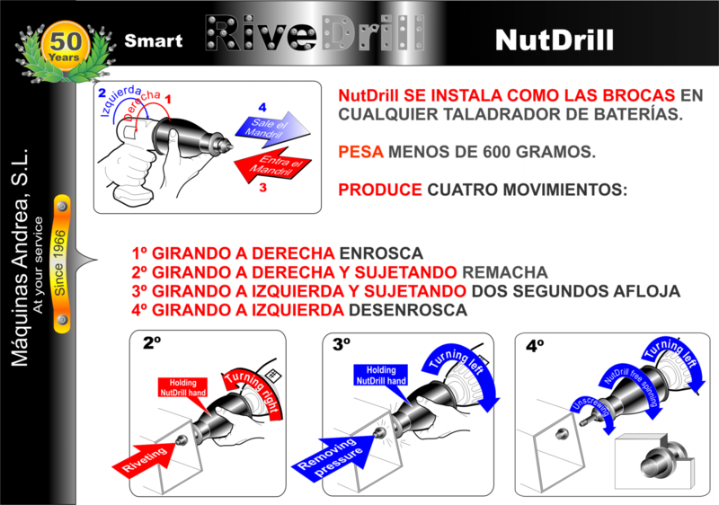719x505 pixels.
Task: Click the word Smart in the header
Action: point(154,40)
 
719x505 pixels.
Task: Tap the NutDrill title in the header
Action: point(555,40)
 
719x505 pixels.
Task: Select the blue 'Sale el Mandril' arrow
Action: point(272,129)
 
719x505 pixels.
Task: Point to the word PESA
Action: point(360,152)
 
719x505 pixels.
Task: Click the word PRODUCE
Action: point(379,190)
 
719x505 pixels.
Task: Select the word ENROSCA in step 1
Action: point(381,253)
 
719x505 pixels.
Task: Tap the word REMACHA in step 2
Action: point(505,272)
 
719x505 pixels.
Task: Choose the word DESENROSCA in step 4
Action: point(408,310)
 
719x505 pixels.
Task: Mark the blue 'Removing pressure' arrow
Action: point(333,456)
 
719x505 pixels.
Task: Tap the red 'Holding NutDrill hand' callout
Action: point(183,393)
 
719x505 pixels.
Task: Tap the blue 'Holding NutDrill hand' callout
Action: point(381,380)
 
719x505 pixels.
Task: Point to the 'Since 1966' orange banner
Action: point(61,263)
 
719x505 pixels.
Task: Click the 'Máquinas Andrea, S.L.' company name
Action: point(20,257)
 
